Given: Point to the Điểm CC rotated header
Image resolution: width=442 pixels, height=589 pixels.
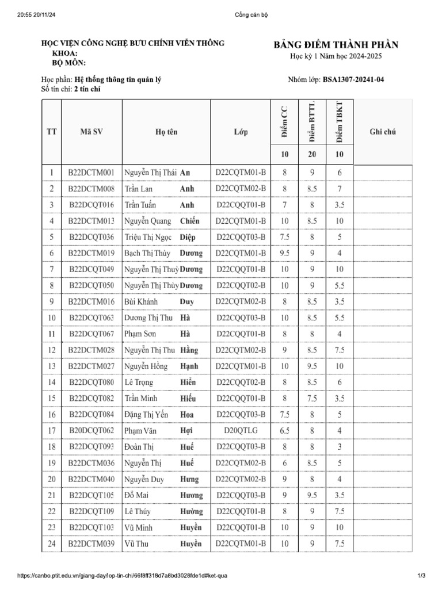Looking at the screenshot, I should (284, 122).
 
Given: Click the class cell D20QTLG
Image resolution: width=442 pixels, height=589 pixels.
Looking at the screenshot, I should (241, 430).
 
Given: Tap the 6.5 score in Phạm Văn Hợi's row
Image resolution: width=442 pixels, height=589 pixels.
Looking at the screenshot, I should (284, 430).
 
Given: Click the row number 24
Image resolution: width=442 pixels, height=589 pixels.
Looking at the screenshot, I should (51, 543).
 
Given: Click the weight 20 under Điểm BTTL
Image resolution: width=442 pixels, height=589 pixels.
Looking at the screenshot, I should (312, 154).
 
